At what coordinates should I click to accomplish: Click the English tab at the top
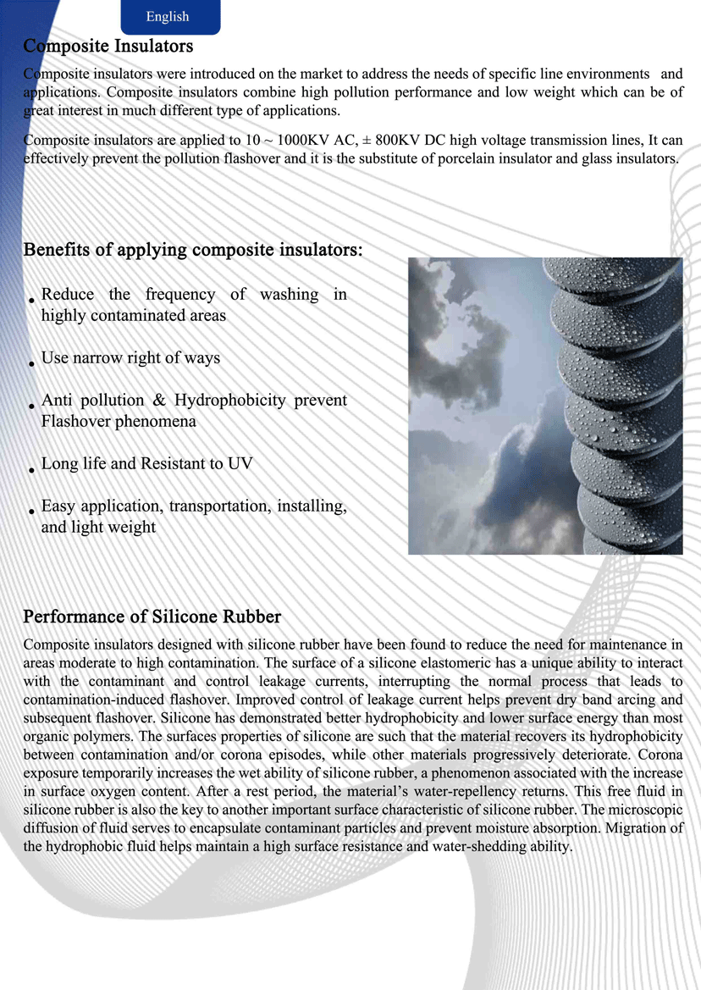pyautogui.click(x=168, y=17)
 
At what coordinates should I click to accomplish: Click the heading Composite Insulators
pyautogui.click(x=108, y=46)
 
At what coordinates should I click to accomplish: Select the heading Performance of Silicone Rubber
pyautogui.click(x=152, y=616)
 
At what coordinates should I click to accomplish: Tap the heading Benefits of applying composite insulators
pyautogui.click(x=193, y=250)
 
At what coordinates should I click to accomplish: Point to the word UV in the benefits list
pyautogui.click(x=240, y=464)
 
